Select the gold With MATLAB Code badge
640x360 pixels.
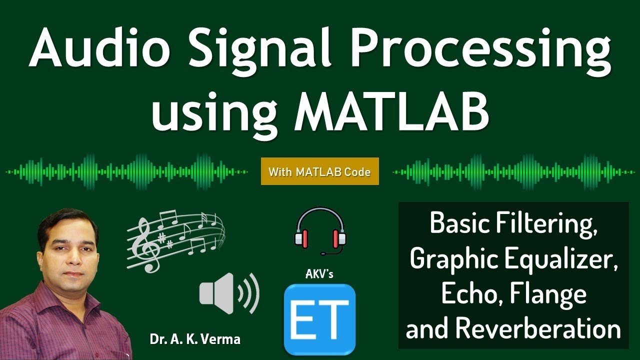(x=319, y=172)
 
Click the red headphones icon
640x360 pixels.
(x=320, y=230)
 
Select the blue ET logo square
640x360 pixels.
(x=319, y=319)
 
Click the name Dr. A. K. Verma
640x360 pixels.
(x=195, y=339)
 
